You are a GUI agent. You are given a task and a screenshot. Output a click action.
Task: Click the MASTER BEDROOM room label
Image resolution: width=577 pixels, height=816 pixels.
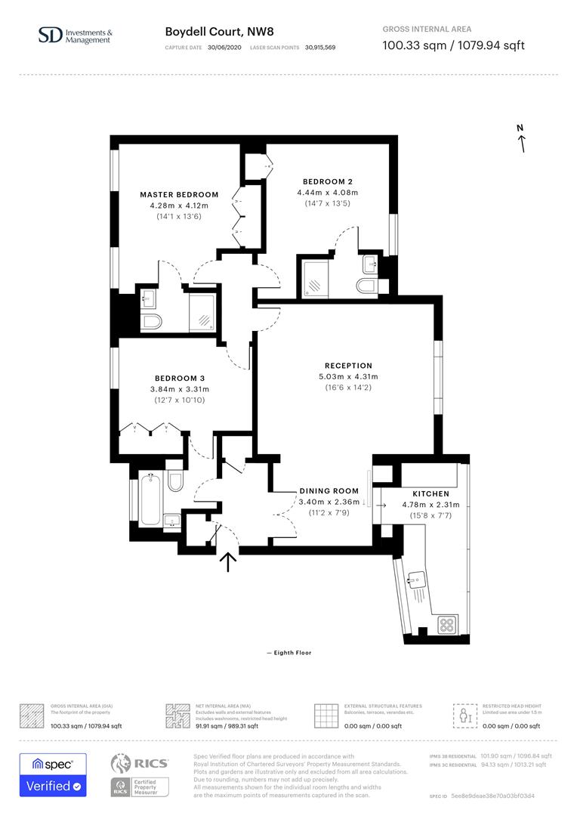pos(179,195)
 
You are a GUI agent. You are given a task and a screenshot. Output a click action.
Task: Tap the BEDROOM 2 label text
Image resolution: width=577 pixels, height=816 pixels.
pos(328,181)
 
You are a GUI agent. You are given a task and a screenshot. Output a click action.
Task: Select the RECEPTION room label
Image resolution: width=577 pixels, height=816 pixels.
pos(348,366)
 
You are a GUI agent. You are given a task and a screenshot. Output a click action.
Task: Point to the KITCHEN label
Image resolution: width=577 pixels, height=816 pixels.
pos(430,493)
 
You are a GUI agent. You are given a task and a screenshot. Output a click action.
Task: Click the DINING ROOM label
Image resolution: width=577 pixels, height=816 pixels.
pos(329,491)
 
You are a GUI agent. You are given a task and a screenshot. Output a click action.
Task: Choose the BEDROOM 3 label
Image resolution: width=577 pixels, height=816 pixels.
pos(180,379)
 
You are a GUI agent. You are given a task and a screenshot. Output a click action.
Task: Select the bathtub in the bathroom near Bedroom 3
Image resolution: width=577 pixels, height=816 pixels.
pos(150,499)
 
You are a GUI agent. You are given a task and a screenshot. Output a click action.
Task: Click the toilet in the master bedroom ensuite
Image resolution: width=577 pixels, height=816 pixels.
pos(151,323)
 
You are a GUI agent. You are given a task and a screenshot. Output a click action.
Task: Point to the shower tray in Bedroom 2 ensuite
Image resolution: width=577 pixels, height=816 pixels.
pos(316,277)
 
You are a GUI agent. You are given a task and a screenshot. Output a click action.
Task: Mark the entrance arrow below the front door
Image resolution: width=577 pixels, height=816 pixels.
pos(227,563)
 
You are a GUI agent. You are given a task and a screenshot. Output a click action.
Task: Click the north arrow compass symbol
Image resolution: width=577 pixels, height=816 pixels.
pos(520,139)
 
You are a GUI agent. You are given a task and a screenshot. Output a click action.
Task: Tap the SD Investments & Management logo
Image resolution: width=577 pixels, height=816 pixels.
pos(75,36)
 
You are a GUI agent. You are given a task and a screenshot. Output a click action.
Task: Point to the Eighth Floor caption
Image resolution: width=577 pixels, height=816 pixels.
pos(288,653)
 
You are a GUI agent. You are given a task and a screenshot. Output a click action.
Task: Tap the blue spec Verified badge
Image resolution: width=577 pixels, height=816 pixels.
pos(53,774)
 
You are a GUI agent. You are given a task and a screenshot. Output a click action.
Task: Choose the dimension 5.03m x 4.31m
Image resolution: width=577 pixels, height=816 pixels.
pos(348,376)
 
